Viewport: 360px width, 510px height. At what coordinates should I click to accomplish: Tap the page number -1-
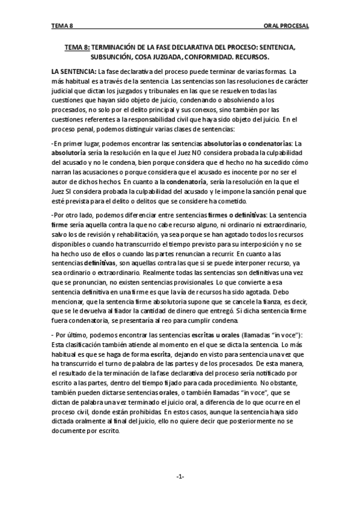[180, 476]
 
